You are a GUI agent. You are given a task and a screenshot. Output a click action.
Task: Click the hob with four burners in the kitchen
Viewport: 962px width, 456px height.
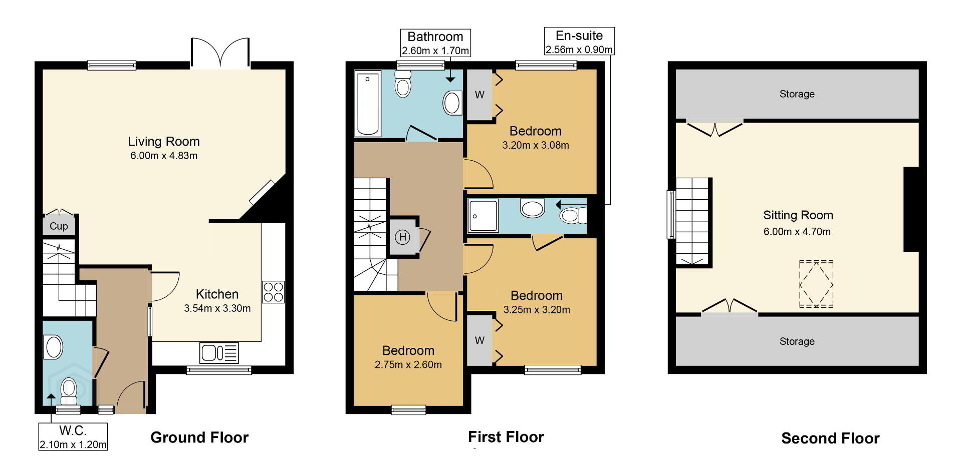273,292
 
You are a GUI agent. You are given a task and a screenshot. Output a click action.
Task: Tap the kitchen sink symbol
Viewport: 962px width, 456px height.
219,352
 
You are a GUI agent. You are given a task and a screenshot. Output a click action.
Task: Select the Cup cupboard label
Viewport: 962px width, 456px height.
59,226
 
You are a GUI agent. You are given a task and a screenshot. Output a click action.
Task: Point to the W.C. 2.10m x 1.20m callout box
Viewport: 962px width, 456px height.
73,436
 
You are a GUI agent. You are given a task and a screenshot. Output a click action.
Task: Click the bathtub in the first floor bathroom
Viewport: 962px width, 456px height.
367,104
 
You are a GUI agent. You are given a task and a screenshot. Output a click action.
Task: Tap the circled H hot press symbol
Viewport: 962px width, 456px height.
402,237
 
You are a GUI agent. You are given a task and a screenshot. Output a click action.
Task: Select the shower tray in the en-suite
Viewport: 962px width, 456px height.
483,216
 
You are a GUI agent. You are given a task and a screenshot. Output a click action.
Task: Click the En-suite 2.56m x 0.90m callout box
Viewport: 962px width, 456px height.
579,42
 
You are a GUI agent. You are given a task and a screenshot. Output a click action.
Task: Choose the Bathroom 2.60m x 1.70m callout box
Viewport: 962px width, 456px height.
435,43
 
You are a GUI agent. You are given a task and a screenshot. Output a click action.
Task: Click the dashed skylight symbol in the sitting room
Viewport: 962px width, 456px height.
816,284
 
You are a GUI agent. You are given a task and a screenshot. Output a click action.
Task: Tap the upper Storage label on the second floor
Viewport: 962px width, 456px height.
797,94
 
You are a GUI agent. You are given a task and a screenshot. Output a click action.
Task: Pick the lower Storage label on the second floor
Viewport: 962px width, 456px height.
797,341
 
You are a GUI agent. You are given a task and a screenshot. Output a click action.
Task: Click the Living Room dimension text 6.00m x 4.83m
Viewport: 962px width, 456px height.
164,156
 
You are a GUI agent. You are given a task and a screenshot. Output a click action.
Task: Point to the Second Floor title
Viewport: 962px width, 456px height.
830,438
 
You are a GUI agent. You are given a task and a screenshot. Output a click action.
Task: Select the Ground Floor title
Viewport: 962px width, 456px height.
199,437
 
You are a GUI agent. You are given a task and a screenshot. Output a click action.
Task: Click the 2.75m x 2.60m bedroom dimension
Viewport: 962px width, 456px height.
408,365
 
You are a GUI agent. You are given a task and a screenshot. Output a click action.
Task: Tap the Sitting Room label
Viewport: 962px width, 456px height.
798,216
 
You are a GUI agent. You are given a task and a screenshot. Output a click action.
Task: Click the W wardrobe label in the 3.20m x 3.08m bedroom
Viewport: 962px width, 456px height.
479,95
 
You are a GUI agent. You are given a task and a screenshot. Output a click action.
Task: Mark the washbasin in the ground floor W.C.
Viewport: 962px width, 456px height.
54,347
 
